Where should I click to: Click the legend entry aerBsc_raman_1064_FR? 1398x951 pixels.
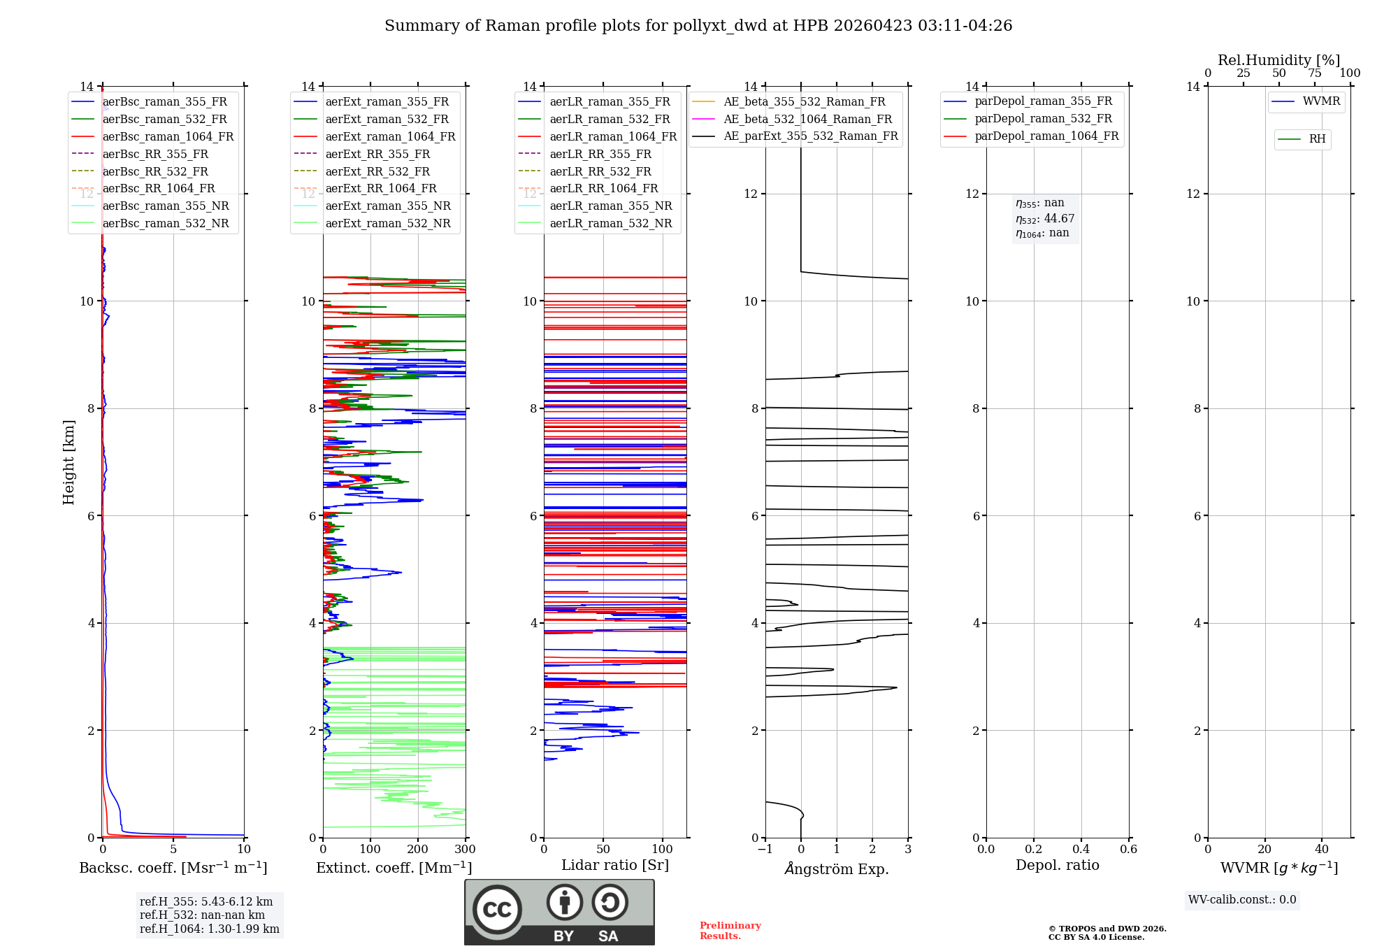click(x=168, y=137)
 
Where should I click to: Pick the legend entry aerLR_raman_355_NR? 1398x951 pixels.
click(x=610, y=206)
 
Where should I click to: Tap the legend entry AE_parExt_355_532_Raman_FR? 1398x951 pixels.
click(x=810, y=136)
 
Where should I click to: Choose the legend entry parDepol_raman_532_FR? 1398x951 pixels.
click(x=1043, y=119)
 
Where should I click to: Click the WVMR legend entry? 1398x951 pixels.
click(x=1321, y=101)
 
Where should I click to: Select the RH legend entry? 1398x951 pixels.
click(x=1317, y=139)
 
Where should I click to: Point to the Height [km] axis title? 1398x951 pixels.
click(x=69, y=462)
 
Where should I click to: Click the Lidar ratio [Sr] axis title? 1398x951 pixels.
click(x=615, y=865)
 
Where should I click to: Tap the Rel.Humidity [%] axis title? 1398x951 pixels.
click(x=1278, y=60)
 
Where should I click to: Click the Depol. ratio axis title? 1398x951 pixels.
click(x=1057, y=865)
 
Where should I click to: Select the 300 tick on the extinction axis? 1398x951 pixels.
click(x=465, y=850)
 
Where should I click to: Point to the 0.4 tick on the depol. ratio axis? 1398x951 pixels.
click(x=1081, y=850)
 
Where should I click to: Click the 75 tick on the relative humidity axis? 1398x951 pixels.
click(x=1314, y=73)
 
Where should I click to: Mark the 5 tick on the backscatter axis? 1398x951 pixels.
click(x=173, y=850)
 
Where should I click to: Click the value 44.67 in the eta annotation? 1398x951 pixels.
click(x=1059, y=219)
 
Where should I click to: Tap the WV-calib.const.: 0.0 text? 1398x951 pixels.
click(x=1242, y=900)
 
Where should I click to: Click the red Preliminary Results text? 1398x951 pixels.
click(x=730, y=931)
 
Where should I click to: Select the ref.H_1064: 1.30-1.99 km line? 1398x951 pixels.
click(x=209, y=929)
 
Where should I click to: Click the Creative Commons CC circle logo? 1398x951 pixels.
click(x=497, y=910)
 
